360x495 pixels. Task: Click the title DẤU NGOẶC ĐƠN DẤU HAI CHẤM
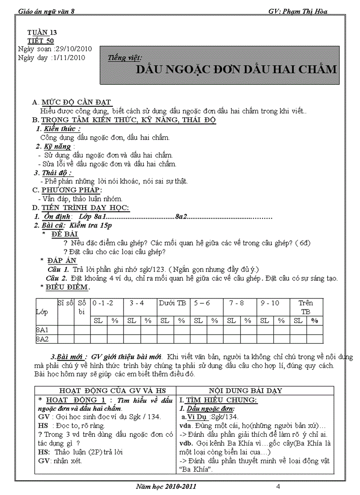coord(236,70)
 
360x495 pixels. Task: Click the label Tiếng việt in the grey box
coord(125,58)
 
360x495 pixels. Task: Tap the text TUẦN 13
coord(42,33)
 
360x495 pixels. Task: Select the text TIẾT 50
coord(41,41)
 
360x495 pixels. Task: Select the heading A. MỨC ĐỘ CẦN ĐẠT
coord(72,102)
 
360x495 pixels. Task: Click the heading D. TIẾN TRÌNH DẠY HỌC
coord(81,208)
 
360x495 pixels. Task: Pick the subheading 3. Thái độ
coord(53,172)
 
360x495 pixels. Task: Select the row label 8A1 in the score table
coord(42,329)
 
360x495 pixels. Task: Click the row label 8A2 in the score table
coord(42,339)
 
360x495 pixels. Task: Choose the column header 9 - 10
coord(270,303)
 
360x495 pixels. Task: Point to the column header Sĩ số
coord(65,303)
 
